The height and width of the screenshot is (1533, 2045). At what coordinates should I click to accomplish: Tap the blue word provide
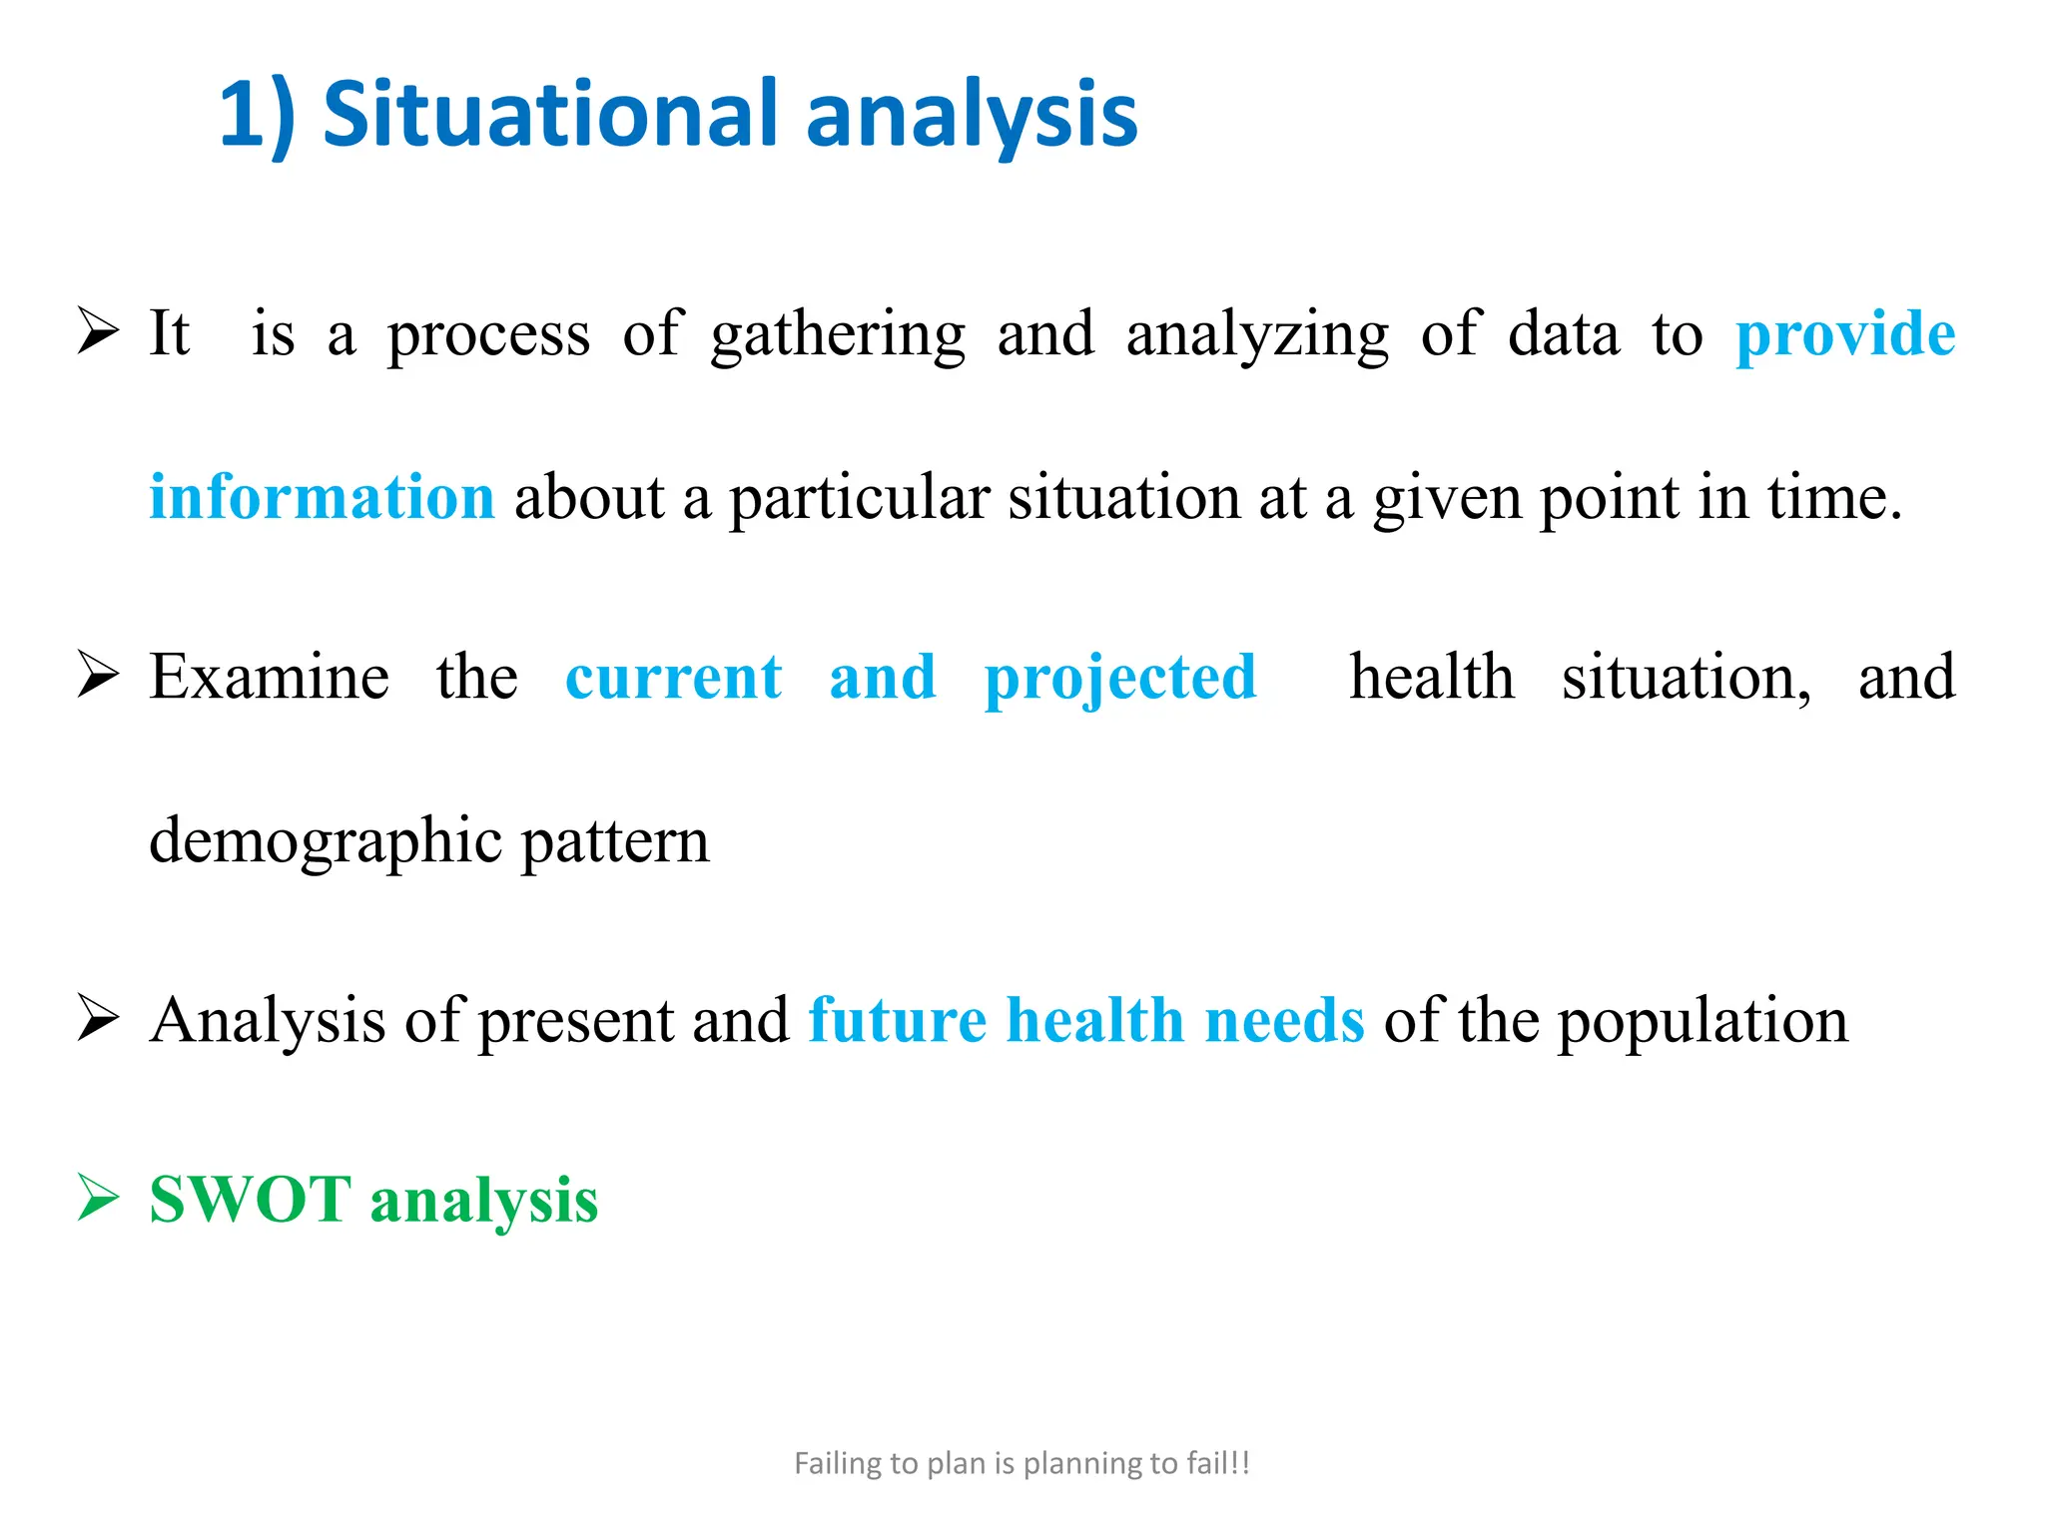(x=1844, y=334)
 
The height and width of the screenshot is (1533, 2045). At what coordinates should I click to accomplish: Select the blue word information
(x=322, y=497)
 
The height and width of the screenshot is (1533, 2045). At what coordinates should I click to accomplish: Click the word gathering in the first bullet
(x=838, y=335)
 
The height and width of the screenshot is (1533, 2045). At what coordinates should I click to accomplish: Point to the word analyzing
(x=1256, y=335)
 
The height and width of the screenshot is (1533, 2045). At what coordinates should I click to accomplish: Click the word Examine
(x=269, y=678)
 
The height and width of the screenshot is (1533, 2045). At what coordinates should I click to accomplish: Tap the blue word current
(x=673, y=678)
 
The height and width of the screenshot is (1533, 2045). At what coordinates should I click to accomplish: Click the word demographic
(x=325, y=841)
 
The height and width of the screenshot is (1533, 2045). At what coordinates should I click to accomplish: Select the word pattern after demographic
(x=615, y=841)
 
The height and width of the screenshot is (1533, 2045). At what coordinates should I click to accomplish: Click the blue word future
(x=897, y=1021)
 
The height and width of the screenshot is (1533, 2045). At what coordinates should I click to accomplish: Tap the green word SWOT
(x=250, y=1200)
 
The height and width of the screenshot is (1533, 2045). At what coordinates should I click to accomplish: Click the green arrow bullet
(x=98, y=1198)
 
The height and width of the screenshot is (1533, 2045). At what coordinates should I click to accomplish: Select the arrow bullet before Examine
(x=98, y=676)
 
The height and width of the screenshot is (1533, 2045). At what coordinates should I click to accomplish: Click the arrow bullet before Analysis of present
(x=98, y=1019)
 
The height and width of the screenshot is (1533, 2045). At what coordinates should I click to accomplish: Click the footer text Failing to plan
(x=1022, y=1463)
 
